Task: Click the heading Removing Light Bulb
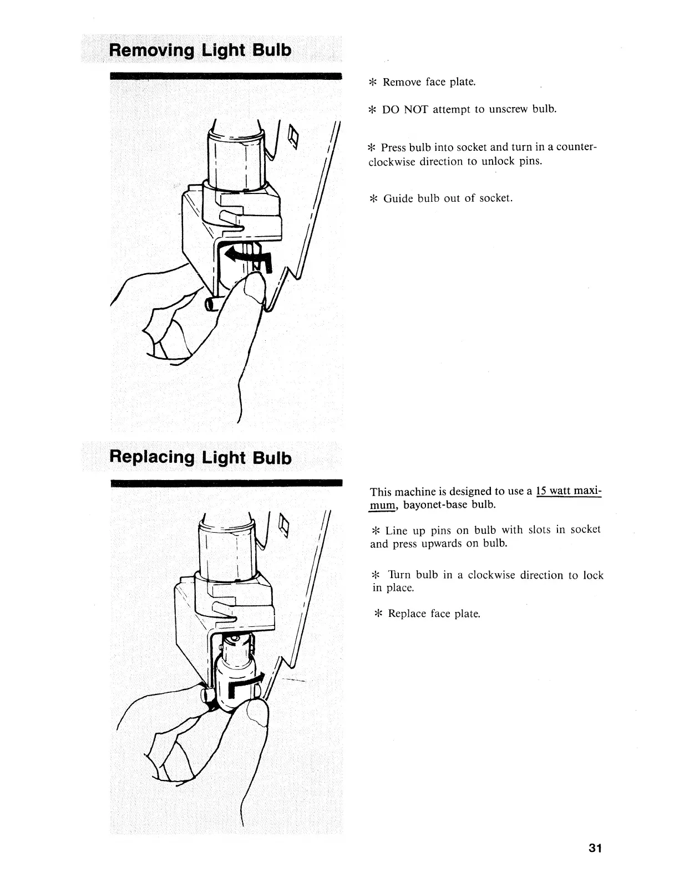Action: pyautogui.click(x=200, y=50)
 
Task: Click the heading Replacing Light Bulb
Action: pyautogui.click(x=200, y=457)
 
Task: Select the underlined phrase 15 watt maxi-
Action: pyautogui.click(x=569, y=491)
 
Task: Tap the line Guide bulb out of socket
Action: pyautogui.click(x=448, y=198)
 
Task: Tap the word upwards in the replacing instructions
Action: pyautogui.click(x=437, y=543)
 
